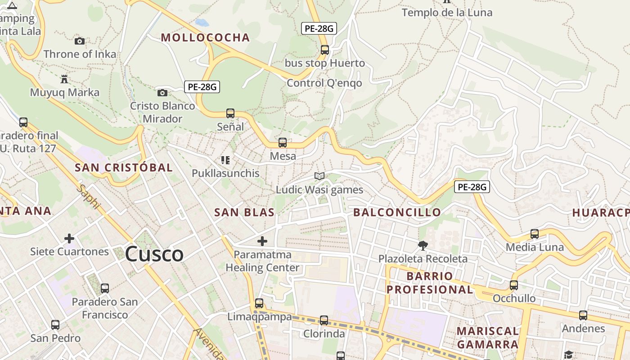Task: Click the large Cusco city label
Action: click(x=154, y=255)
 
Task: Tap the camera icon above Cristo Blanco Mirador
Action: click(x=162, y=93)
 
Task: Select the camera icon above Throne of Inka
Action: click(x=80, y=41)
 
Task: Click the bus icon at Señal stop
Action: click(x=230, y=113)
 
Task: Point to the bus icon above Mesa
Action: click(x=283, y=143)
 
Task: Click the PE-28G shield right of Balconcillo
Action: click(x=472, y=187)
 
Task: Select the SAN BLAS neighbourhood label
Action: click(x=244, y=212)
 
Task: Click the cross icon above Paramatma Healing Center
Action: click(x=262, y=241)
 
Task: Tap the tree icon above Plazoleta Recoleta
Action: click(x=423, y=246)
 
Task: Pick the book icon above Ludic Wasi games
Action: click(x=319, y=176)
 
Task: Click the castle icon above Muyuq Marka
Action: click(x=64, y=80)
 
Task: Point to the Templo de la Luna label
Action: click(x=447, y=13)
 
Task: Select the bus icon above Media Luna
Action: click(x=535, y=234)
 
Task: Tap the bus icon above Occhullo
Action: click(x=514, y=285)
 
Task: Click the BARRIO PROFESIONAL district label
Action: click(x=430, y=283)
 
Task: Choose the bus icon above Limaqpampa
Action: click(x=259, y=303)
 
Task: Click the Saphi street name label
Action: click(x=88, y=197)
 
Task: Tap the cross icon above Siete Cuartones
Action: click(x=69, y=238)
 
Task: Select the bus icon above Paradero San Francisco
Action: click(x=105, y=288)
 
